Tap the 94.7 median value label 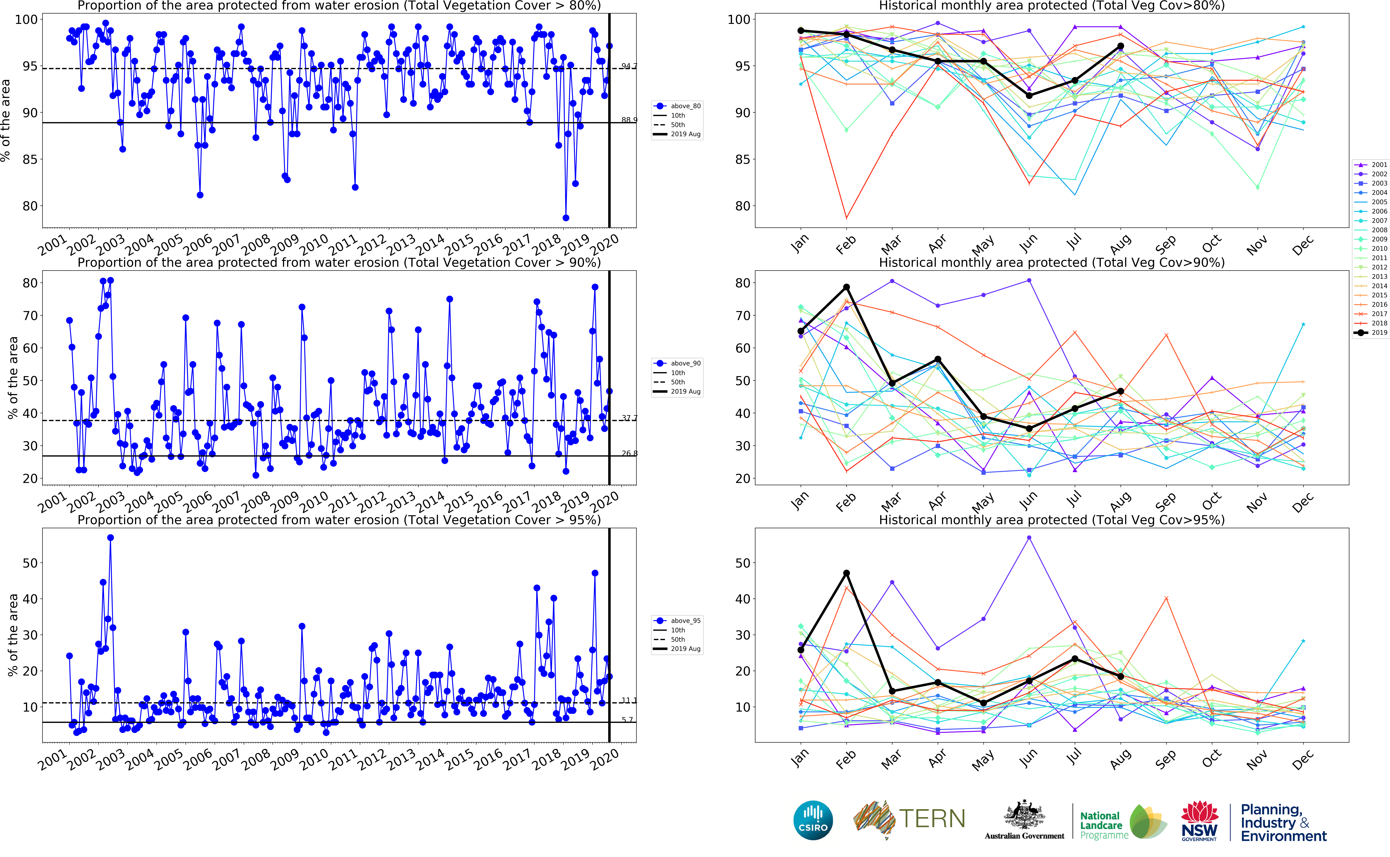pos(629,66)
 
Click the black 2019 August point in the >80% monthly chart pos(1120,46)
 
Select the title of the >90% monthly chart pos(1051,262)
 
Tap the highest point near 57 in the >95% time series pos(110,538)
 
